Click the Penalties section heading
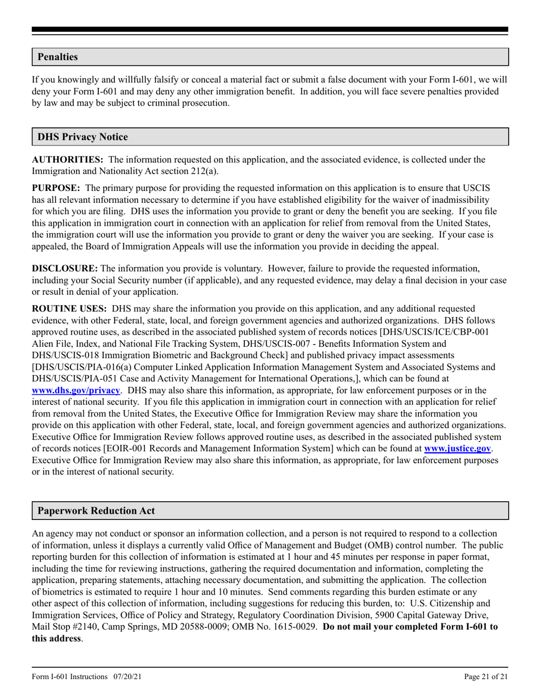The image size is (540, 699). point(57,57)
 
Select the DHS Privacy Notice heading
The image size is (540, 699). point(82,137)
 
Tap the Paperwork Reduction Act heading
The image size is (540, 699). point(95,510)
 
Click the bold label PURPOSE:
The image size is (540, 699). point(56,188)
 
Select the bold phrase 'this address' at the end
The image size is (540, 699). point(56,638)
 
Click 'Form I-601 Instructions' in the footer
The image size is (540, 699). point(69,676)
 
